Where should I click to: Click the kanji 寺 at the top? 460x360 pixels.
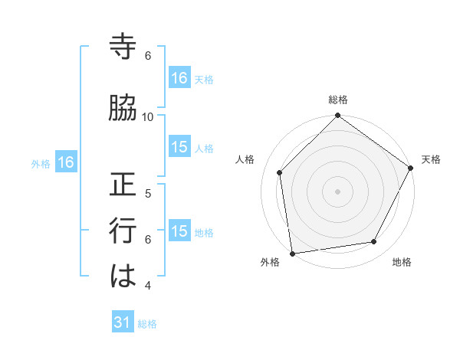point(123,47)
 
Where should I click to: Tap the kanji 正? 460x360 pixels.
point(123,185)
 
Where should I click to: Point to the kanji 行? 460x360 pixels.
point(123,231)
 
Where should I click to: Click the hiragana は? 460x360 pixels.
point(123,276)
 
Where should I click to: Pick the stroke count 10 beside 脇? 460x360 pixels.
point(148,117)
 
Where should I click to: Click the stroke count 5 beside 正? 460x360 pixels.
point(148,194)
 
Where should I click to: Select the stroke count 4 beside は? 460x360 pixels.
point(148,286)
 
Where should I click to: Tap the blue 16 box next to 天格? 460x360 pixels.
point(179,77)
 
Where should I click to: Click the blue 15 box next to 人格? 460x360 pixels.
point(179,147)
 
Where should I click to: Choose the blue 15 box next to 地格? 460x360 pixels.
point(179,231)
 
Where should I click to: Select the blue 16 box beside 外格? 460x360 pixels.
point(66,162)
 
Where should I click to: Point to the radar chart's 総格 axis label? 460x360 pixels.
point(338,100)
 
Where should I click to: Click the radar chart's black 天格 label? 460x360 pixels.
point(431,159)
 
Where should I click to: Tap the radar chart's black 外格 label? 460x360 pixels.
point(270,263)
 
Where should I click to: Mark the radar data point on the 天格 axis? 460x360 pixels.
point(411,168)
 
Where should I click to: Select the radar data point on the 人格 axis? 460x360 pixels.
point(280,172)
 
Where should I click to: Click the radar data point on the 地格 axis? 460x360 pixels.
point(374,242)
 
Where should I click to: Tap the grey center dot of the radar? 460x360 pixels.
point(338,191)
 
